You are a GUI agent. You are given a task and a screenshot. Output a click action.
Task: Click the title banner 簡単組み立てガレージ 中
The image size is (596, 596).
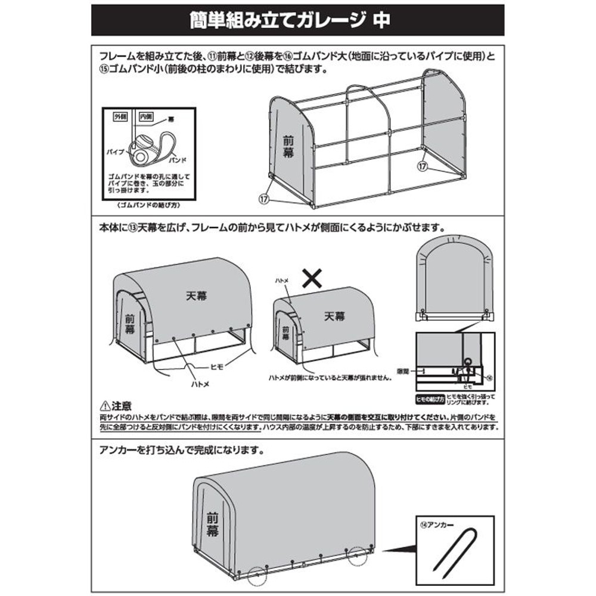click(x=298, y=20)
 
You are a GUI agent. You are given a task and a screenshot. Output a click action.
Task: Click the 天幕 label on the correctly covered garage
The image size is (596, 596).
click(x=189, y=294)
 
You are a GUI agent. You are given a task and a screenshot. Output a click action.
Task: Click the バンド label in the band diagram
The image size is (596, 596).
click(x=178, y=160)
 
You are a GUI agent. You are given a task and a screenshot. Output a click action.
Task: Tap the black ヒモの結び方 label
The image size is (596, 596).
click(x=431, y=398)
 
